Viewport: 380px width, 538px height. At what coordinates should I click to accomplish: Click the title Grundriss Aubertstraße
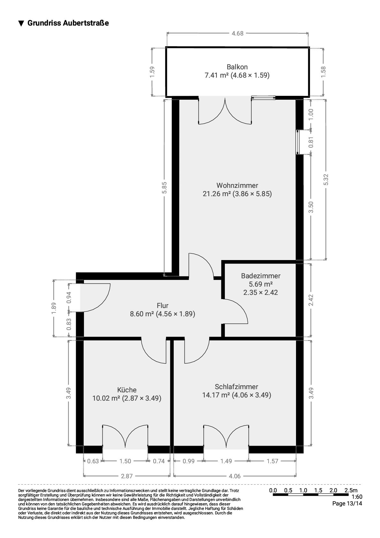(x=68, y=23)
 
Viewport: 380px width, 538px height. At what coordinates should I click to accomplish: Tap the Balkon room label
(x=237, y=67)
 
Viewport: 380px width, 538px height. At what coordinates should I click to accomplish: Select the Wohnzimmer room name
(x=237, y=185)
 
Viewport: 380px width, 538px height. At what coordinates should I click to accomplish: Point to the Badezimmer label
(x=261, y=276)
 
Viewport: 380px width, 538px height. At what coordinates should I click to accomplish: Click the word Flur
(x=163, y=305)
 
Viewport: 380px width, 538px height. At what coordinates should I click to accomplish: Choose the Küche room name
(x=127, y=390)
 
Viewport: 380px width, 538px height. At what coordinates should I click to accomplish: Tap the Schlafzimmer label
(x=236, y=387)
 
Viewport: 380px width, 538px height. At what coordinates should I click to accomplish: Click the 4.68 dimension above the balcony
(x=237, y=33)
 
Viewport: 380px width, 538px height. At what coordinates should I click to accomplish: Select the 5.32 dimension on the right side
(x=326, y=180)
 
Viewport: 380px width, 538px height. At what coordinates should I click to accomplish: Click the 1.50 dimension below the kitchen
(x=125, y=461)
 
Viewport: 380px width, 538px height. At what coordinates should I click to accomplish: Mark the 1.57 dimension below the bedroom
(x=272, y=461)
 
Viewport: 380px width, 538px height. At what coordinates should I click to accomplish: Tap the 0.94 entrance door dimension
(x=69, y=297)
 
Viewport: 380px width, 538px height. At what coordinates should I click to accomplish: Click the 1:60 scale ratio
(x=357, y=497)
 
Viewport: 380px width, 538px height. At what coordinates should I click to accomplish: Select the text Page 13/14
(x=347, y=504)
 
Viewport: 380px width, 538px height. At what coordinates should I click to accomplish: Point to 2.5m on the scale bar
(x=351, y=490)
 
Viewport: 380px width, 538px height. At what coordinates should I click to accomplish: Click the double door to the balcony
(x=225, y=112)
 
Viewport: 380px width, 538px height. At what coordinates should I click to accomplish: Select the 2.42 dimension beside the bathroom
(x=311, y=300)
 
